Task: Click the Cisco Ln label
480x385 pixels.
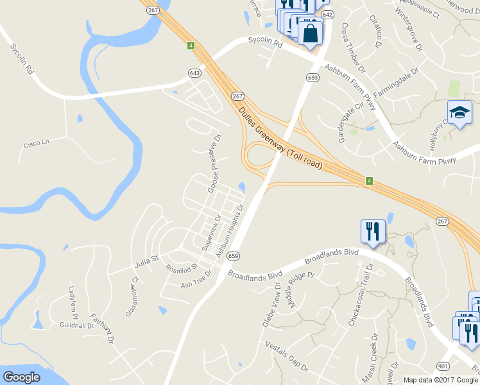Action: click(x=36, y=145)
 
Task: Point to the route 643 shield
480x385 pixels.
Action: click(x=194, y=73)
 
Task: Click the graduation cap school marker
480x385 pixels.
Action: click(x=459, y=112)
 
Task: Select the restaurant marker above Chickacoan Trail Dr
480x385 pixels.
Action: click(x=373, y=230)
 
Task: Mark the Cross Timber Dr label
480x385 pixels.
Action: click(x=353, y=48)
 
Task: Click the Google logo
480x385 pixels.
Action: click(x=21, y=377)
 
